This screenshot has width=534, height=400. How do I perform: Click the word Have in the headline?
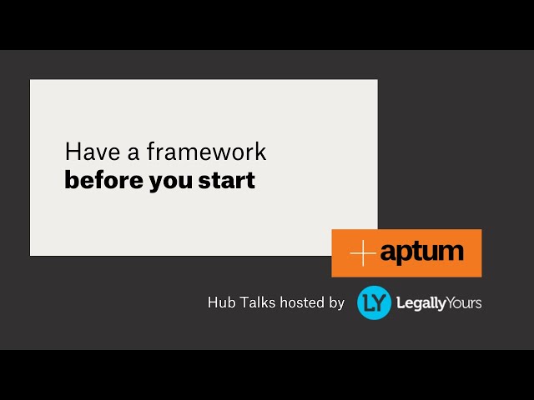click(93, 152)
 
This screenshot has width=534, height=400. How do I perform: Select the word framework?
click(206, 152)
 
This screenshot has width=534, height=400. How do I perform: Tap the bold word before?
click(103, 180)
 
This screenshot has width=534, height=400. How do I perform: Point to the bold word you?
click(171, 182)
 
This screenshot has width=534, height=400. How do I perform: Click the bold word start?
click(227, 180)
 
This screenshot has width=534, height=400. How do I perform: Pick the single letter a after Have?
click(133, 153)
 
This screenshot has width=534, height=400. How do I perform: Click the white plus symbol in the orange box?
click(363, 252)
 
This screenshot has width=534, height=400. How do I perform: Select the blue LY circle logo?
click(374, 302)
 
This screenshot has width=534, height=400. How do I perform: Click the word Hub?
click(221, 302)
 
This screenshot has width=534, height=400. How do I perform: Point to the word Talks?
click(258, 302)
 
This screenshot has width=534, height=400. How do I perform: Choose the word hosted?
click(302, 302)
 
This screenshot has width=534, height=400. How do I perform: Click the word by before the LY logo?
click(336, 303)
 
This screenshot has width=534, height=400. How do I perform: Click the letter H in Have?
click(72, 152)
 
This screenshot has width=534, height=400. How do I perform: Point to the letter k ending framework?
click(260, 152)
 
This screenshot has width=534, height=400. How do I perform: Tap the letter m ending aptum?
click(452, 252)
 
